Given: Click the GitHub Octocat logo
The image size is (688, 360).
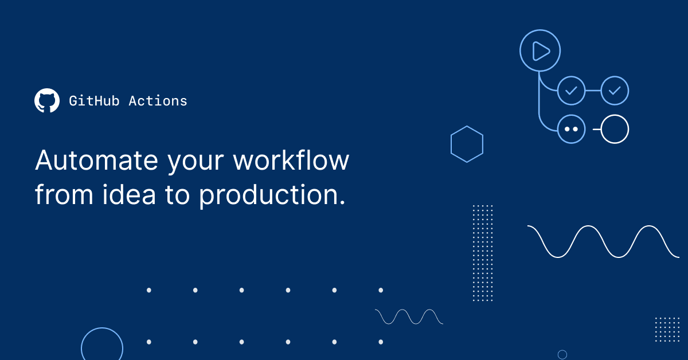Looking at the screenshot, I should coord(47,101).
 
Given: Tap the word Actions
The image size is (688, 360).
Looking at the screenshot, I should coord(158,101).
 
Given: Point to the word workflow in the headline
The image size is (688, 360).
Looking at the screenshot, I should coord(291,161).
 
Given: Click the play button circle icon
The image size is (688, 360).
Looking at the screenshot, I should coord(540,50).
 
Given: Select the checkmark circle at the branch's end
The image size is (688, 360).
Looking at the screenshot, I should coord(615,91).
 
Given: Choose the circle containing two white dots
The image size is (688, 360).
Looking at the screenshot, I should coord(571,130).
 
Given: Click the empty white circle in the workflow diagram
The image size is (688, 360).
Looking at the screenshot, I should coord(615,130).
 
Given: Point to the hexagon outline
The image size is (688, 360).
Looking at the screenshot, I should coord(467,144).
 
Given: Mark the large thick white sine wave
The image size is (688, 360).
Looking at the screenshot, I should coord(603,241).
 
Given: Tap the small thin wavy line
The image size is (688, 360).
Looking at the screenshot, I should coord(409,316).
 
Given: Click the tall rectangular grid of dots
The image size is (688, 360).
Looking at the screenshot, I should coord(483,253).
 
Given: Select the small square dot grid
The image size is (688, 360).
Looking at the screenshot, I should coord(667,330).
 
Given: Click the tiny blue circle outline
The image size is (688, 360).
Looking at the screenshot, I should coord(562,354).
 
